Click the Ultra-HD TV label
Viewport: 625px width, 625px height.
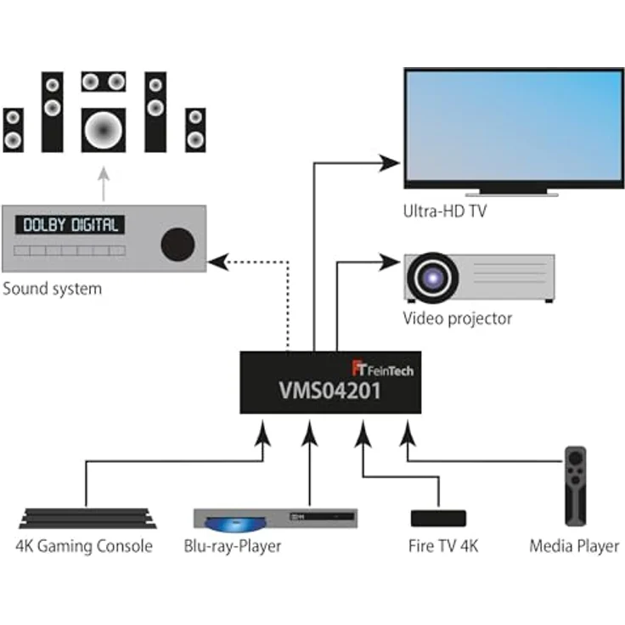point(445,211)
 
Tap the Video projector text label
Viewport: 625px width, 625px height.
point(457,318)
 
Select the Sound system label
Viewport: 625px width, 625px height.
point(52,289)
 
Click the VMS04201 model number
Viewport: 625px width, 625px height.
point(329,391)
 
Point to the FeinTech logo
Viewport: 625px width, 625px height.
point(383,369)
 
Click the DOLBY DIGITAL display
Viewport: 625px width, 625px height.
point(70,225)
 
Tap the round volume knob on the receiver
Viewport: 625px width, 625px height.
point(177,245)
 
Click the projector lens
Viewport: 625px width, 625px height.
point(432,277)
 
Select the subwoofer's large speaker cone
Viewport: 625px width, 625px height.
point(104,130)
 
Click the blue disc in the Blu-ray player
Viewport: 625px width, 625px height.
point(235,524)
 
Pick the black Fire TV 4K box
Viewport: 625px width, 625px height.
point(438,518)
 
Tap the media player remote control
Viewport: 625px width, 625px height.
point(576,486)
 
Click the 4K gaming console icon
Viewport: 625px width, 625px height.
point(87,518)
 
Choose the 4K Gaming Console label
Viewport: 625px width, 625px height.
point(84,546)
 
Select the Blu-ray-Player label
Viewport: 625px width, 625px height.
point(233,546)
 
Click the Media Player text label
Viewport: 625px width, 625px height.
point(574,546)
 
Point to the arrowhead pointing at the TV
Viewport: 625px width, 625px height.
point(389,163)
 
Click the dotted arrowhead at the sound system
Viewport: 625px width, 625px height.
point(218,262)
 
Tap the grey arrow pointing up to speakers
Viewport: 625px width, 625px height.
point(104,183)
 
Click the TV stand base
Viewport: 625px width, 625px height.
point(512,194)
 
